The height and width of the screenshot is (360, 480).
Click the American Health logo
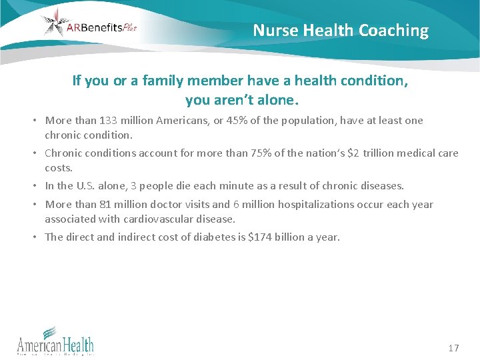point(55,341)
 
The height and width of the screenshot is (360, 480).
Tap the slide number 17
point(454,348)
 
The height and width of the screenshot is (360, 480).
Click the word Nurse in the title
point(276,31)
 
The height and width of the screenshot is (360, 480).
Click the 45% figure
point(224,121)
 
